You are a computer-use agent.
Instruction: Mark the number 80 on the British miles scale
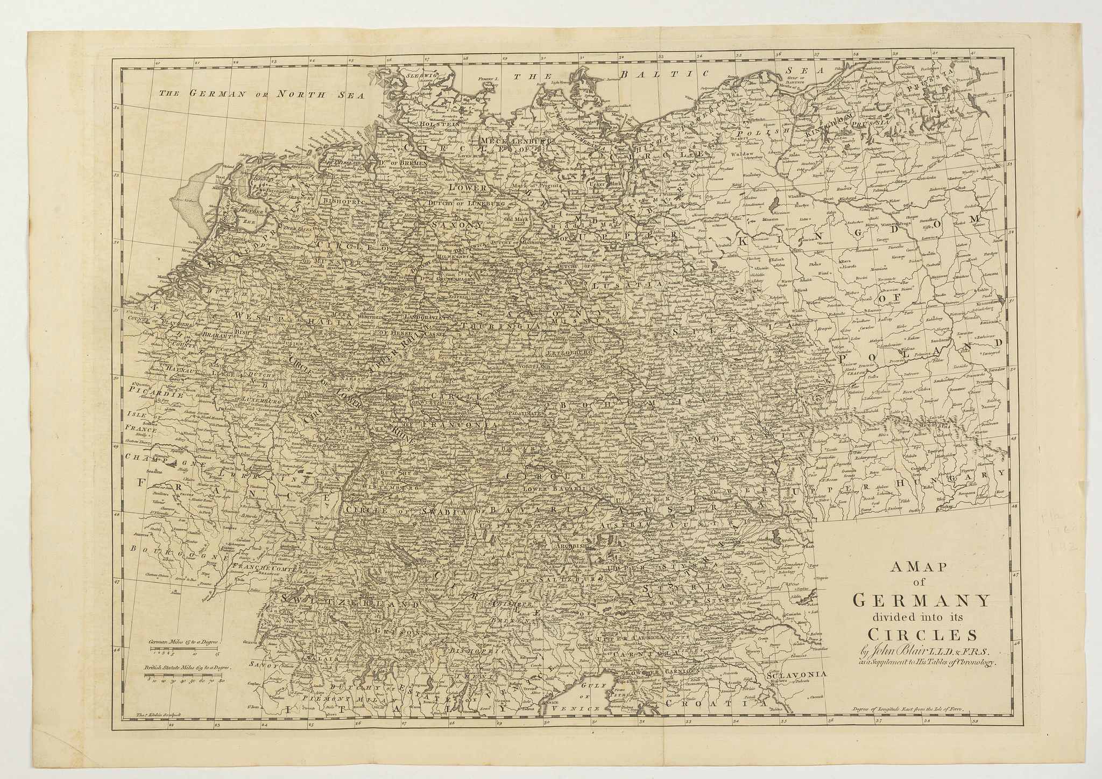[x=221, y=681]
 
